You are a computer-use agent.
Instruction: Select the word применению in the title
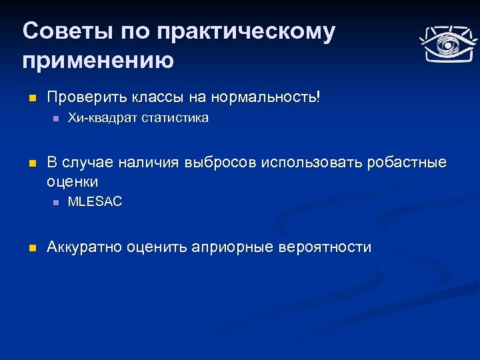click(x=98, y=61)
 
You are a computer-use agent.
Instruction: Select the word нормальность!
click(x=265, y=97)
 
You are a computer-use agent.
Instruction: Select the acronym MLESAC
click(x=95, y=202)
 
